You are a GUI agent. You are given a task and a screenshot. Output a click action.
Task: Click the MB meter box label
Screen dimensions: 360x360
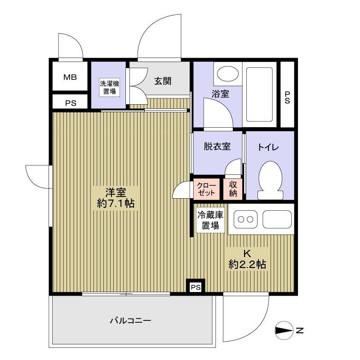[x=70, y=77]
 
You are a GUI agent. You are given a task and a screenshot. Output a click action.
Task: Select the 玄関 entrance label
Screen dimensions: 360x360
[x=163, y=81]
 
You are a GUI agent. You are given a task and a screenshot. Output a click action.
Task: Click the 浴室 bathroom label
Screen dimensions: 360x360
[x=221, y=94]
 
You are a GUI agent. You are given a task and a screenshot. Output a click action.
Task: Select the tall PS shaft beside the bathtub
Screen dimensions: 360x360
[x=287, y=95]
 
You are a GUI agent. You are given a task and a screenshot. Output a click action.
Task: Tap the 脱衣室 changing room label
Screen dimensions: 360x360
[x=217, y=147]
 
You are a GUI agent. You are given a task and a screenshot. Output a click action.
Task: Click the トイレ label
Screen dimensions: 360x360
[x=269, y=147]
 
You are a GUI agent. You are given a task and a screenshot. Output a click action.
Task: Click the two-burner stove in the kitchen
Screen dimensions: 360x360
[x=244, y=220]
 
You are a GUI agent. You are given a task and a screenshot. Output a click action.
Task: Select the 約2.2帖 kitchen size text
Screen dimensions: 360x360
[x=247, y=265]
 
